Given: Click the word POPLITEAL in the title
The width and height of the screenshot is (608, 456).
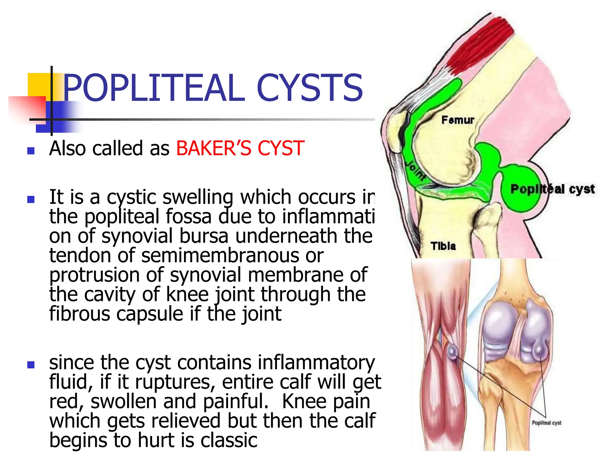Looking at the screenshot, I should point(154,88).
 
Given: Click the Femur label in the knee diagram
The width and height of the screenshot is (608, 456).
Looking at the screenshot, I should point(457,120).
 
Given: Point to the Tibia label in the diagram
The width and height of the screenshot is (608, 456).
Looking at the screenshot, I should point(443,246).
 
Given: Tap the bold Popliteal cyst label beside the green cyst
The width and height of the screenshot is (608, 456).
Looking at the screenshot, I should point(552,189).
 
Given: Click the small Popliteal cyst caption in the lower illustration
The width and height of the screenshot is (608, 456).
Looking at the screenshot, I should point(546,422).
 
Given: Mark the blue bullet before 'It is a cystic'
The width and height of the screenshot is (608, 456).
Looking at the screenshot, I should point(31,199).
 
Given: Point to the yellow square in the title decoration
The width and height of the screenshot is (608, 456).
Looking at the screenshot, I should point(39,85).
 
